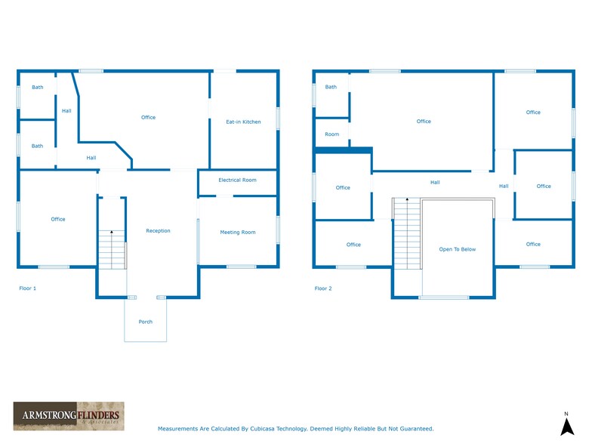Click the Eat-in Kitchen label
243,122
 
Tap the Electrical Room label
237,180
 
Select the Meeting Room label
237,233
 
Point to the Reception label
158,231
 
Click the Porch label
145,322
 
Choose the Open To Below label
458,249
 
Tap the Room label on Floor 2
331,134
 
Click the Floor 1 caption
27,288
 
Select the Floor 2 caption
323,288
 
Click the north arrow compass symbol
566,424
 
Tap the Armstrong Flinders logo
66,416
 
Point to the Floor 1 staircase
112,250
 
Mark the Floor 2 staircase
406,233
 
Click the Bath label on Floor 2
331,88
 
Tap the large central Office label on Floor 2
424,122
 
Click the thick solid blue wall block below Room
342,150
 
